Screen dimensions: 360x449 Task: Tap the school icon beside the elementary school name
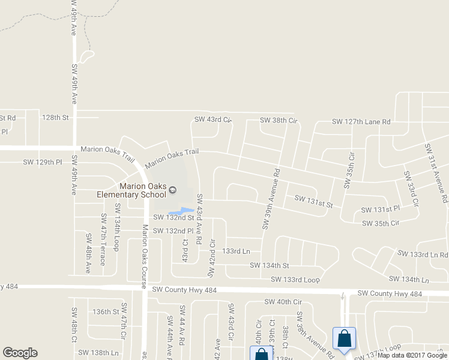[x=173, y=190]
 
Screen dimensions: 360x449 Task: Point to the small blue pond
[x=182, y=211]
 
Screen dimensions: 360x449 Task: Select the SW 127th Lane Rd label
[x=361, y=122]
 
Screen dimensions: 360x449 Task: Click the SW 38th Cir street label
[x=279, y=121]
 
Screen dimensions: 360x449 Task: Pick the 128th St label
[x=55, y=117]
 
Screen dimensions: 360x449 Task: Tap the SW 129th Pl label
[x=43, y=162]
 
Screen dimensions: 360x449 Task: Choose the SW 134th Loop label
[x=117, y=234]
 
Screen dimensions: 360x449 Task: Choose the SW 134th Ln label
[x=409, y=280]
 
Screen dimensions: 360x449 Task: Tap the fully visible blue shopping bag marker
[x=345, y=339]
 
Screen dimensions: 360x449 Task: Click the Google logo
[x=19, y=353]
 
